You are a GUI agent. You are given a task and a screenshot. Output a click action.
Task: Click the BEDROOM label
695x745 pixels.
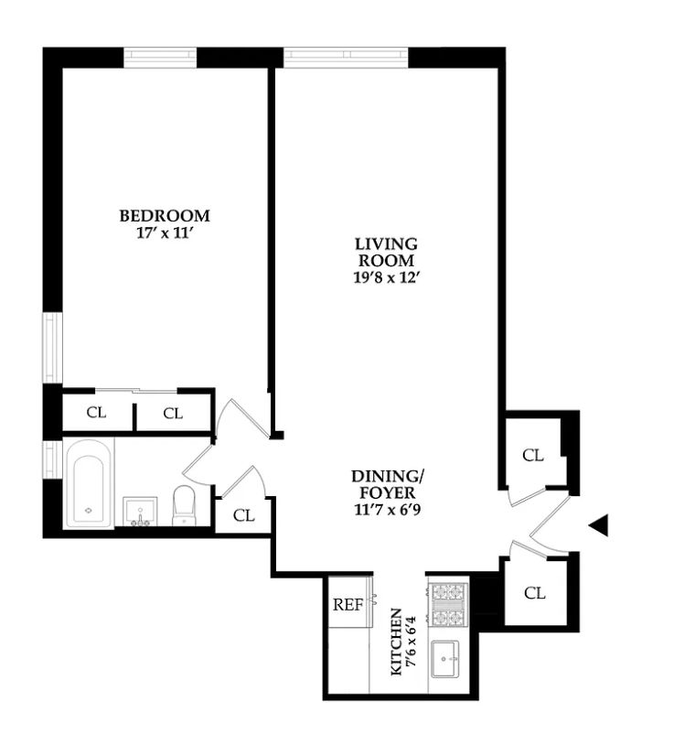click(x=165, y=216)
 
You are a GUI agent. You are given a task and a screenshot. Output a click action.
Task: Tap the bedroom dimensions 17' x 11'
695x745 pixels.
click(x=165, y=232)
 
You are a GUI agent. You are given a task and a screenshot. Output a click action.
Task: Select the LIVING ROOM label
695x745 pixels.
click(x=387, y=252)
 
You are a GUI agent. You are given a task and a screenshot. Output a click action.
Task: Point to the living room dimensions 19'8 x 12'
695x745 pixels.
click(x=387, y=275)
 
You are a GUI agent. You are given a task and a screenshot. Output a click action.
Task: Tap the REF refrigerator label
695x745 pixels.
click(x=347, y=604)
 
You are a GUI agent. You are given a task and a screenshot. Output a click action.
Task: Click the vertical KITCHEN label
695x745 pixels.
click(x=396, y=641)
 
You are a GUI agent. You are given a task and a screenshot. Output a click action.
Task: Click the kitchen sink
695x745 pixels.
click(x=448, y=657)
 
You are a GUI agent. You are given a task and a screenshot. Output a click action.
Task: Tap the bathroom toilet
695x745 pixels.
click(x=185, y=505)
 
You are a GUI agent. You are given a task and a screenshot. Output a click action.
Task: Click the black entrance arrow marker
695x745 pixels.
click(x=599, y=524)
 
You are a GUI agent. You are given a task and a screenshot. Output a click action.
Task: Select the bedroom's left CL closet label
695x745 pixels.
click(x=96, y=413)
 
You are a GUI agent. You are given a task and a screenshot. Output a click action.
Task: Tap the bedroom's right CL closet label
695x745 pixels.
click(x=173, y=414)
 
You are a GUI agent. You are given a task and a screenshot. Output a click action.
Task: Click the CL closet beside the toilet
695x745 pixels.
click(x=243, y=515)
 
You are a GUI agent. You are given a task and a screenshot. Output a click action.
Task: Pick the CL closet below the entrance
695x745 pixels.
click(x=535, y=593)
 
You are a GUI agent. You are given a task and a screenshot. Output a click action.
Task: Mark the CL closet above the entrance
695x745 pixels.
click(x=533, y=455)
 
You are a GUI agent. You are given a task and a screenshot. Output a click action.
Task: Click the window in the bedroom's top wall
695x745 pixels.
click(x=160, y=57)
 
